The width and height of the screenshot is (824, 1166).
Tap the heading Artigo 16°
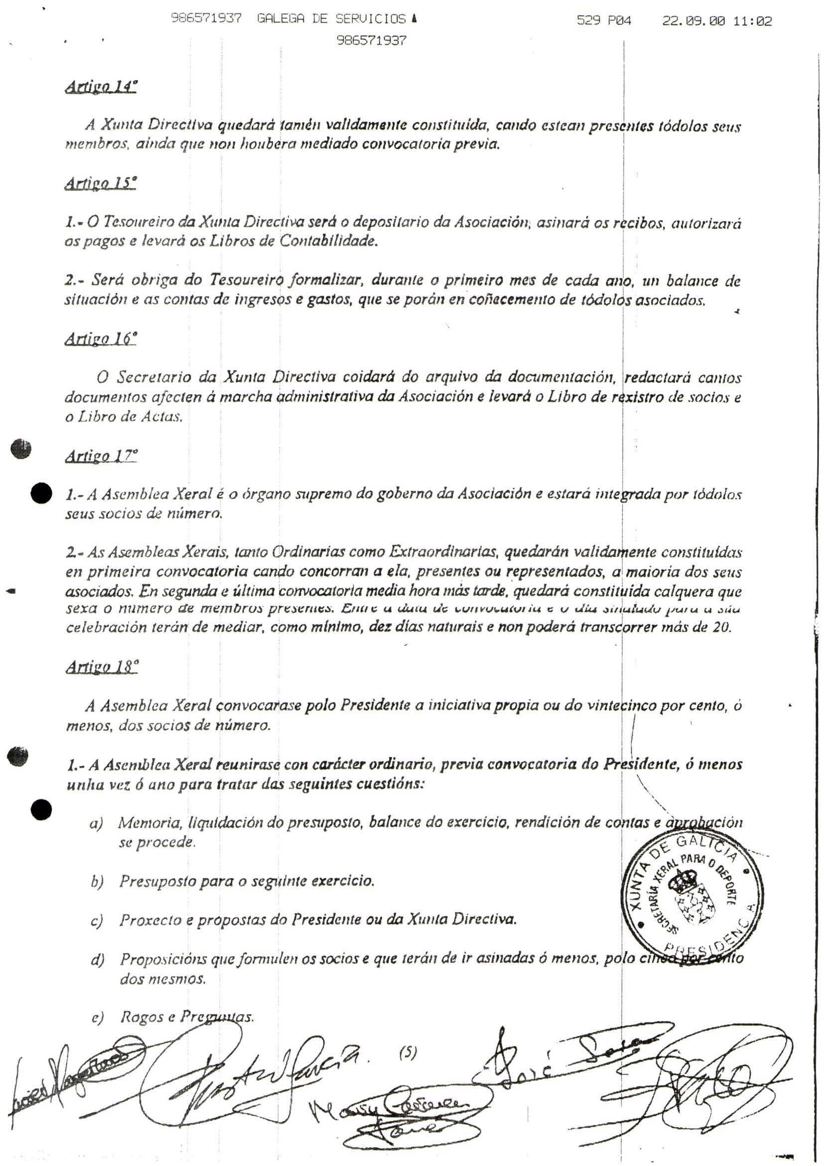pyautogui.click(x=101, y=338)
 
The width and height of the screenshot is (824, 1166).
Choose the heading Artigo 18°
pyautogui.click(x=102, y=666)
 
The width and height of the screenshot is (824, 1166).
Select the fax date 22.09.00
pyautogui.click(x=693, y=21)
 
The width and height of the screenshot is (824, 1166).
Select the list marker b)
pyautogui.click(x=98, y=882)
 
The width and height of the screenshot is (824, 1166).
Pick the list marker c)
pyautogui.click(x=97, y=920)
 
